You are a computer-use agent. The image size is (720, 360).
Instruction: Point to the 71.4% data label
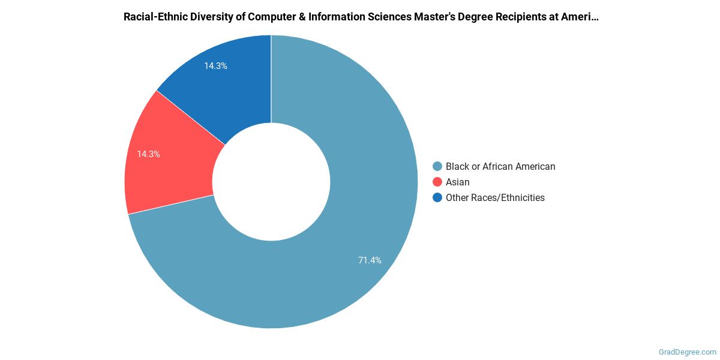(369, 260)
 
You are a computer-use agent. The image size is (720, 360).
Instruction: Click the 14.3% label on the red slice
(148, 154)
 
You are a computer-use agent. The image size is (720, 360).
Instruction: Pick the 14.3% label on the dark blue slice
(215, 66)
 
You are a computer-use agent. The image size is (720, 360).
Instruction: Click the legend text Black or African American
(500, 166)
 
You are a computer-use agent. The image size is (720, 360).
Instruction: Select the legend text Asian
(457, 182)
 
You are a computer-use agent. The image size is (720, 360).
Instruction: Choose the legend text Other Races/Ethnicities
(495, 197)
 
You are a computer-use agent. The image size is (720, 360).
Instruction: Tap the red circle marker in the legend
(437, 182)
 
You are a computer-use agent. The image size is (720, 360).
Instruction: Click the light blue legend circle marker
(437, 166)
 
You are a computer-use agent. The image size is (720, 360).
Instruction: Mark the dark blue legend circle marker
(437, 197)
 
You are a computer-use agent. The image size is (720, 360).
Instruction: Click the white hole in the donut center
(271, 182)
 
